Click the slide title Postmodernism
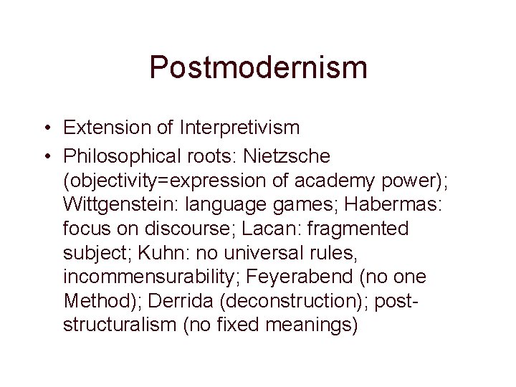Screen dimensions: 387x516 [x=258, y=68]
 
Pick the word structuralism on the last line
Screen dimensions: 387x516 [x=119, y=326]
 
